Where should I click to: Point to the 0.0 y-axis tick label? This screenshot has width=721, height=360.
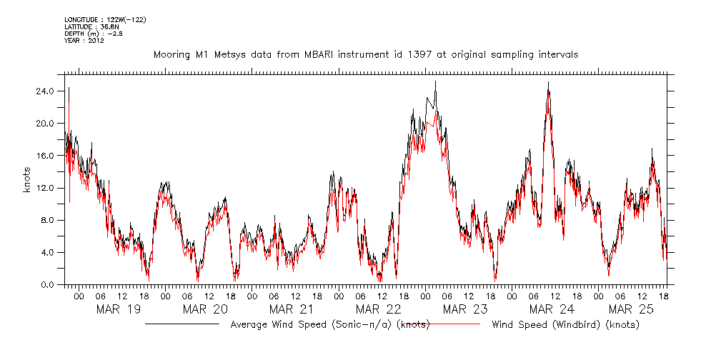[47, 285]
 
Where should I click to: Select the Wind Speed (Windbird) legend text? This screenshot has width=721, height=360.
[565, 325]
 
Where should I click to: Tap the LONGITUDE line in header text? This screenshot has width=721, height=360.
[105, 19]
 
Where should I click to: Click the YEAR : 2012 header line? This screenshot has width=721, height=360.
[84, 41]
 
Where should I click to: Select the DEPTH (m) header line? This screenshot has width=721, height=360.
[90, 34]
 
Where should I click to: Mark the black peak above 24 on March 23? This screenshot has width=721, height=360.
[435, 82]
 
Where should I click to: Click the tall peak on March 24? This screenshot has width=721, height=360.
[548, 83]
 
